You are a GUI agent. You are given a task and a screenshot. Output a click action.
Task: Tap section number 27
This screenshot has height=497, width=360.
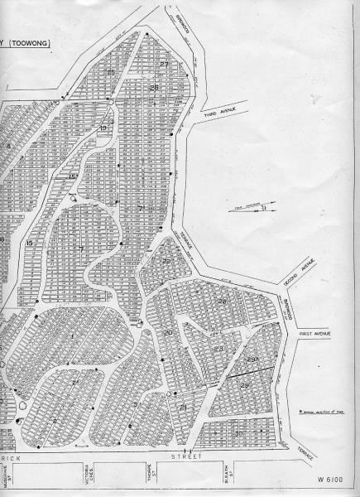(164, 65)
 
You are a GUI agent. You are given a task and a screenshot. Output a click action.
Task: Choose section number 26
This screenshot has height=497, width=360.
(153, 87)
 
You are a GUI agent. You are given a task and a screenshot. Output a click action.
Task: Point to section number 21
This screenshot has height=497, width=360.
(182, 408)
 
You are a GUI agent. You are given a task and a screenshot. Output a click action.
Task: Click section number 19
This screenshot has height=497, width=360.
(103, 128)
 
